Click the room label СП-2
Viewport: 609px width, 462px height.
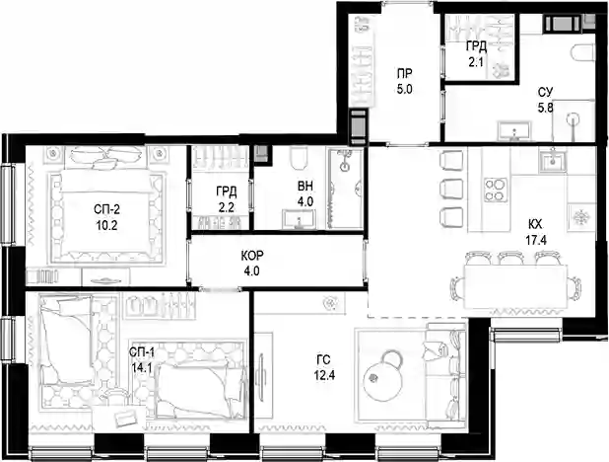[106, 210]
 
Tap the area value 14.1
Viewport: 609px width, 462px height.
[141, 368]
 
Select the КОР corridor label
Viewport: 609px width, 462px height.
[252, 256]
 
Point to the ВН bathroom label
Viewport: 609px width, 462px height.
[305, 187]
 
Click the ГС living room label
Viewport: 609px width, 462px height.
[323, 360]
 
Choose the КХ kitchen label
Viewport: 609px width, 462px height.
[535, 224]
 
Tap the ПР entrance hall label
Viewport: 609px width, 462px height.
[405, 73]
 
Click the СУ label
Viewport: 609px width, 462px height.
[545, 92]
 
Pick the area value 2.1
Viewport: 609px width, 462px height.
[476, 62]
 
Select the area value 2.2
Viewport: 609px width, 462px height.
[226, 207]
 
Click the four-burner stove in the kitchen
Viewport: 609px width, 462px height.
[496, 190]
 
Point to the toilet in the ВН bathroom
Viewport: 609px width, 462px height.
[299, 159]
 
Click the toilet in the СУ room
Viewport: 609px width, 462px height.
[583, 53]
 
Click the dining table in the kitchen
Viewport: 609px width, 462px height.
[515, 286]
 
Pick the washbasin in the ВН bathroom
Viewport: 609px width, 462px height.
[299, 219]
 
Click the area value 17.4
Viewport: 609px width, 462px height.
[536, 241]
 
